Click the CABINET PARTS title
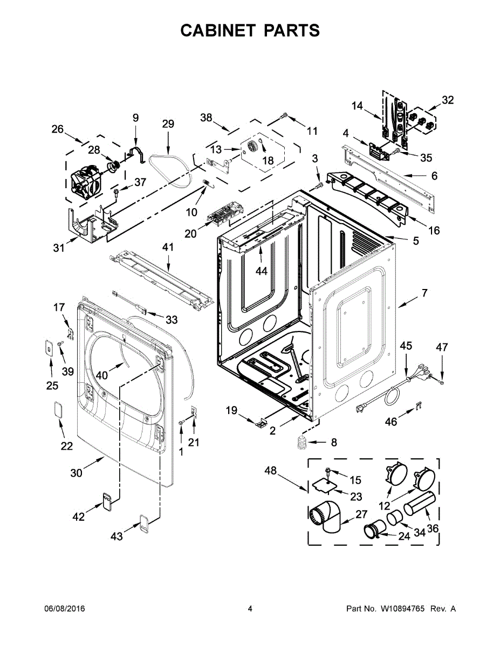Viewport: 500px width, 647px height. click(x=250, y=31)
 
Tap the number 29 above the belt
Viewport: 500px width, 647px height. click(x=168, y=124)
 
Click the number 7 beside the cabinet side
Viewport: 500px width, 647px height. click(x=424, y=293)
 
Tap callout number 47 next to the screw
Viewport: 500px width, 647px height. click(x=442, y=348)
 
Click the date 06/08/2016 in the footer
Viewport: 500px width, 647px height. click(x=64, y=609)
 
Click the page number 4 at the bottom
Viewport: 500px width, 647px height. click(x=250, y=609)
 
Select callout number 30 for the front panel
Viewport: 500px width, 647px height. click(x=76, y=473)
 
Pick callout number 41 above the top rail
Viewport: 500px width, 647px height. click(x=169, y=247)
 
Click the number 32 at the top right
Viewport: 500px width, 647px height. click(x=448, y=100)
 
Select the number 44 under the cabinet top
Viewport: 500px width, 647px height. click(x=261, y=271)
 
